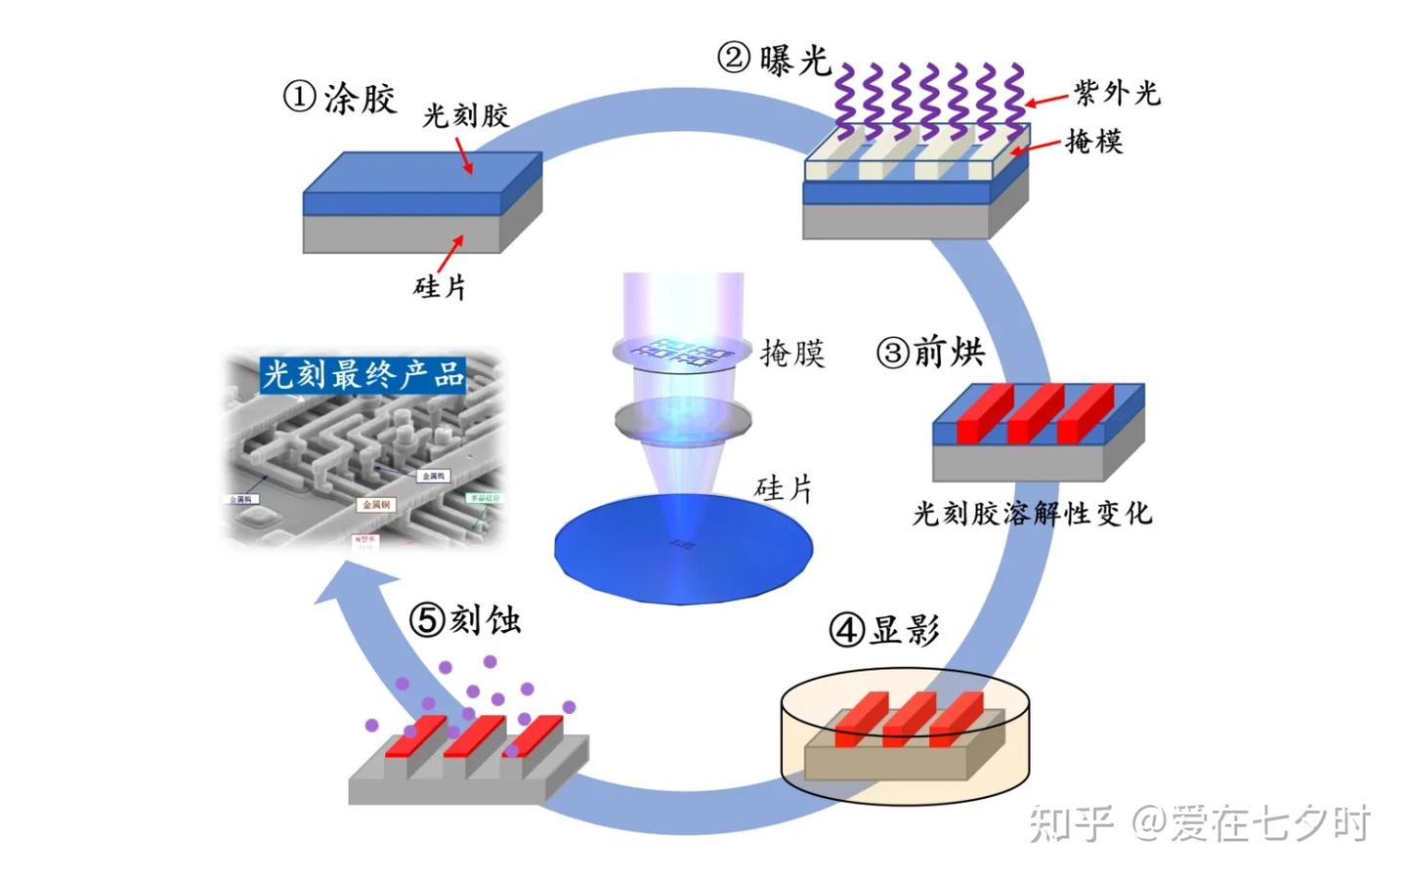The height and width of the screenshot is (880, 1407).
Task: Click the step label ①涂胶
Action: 340,99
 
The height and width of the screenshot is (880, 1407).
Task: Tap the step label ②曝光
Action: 774,59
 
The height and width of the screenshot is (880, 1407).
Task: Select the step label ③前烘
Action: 931,352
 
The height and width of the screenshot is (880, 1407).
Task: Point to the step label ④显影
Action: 884,629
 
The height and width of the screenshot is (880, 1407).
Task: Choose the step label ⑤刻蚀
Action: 464,619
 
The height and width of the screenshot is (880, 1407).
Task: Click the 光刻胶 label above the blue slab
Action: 465,116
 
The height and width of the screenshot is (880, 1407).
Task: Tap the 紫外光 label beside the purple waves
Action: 1117,94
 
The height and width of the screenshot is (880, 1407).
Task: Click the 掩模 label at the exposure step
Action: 1093,143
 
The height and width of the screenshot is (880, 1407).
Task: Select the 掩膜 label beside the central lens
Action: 792,353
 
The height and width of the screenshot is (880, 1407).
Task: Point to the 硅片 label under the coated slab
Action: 441,287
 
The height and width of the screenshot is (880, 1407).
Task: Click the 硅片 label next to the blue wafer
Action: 784,488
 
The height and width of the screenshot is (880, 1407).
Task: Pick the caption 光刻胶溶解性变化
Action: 1032,514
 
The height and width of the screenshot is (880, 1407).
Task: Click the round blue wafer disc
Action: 684,547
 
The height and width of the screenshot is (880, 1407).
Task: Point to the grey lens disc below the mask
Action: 684,421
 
